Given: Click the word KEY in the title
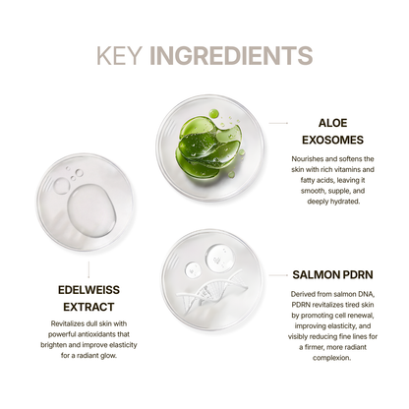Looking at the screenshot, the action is coord(119,55).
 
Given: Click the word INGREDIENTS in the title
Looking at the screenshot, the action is coord(231,55).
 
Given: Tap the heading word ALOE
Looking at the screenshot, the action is coord(332,123).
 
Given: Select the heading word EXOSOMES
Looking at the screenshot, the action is coord(332,140).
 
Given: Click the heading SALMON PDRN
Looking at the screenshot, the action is coord(332,274).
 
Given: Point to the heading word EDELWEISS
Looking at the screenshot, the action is coord(88,290).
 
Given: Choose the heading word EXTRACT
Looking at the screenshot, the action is coord(88,307).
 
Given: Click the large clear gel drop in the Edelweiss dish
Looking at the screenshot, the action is coord(91,210).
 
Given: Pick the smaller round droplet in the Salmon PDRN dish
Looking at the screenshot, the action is coord(194,270).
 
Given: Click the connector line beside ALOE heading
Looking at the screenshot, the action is coord(278,123).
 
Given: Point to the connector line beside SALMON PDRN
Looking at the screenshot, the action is coord(278,275).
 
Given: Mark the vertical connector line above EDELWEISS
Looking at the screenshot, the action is coord(88,269).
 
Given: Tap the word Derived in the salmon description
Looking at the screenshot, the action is coord(302,294).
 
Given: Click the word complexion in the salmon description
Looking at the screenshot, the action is coord(331,358).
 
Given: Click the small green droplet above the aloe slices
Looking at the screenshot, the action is coord(213,114).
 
